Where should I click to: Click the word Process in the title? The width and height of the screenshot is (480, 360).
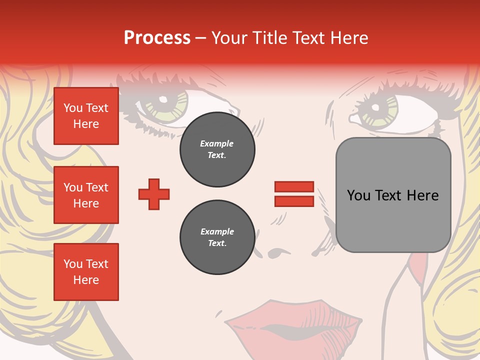click(x=157, y=38)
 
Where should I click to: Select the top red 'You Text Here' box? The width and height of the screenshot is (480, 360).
click(x=86, y=116)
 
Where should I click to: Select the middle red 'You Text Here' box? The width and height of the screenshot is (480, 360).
click(x=86, y=195)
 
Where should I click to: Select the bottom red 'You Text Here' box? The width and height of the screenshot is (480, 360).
click(x=86, y=272)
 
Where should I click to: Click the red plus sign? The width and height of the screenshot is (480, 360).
click(x=154, y=194)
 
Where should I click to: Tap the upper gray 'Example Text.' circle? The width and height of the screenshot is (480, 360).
click(x=217, y=149)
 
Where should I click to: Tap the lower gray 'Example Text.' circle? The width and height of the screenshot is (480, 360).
click(x=217, y=237)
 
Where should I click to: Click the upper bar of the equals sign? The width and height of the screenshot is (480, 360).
click(x=294, y=187)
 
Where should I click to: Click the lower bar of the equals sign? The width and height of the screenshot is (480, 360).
click(x=294, y=201)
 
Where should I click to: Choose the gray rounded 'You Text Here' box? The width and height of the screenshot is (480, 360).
click(x=393, y=195)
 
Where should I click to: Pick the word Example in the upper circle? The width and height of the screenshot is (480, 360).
click(x=217, y=143)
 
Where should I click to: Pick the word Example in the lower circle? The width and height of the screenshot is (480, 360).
click(x=217, y=231)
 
